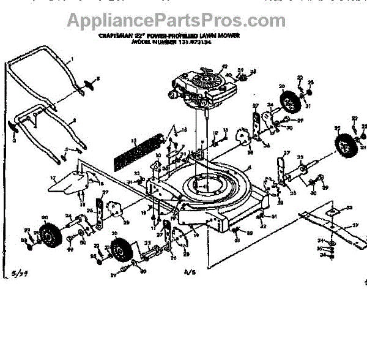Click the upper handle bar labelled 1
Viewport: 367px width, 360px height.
pos(43,67)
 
